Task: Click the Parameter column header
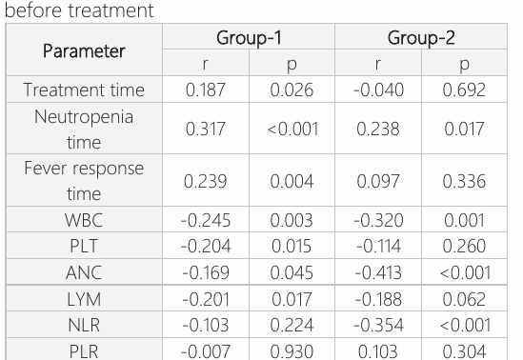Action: (x=84, y=51)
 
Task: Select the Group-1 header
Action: (x=249, y=38)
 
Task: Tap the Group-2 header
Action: (x=421, y=38)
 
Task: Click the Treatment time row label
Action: (x=84, y=90)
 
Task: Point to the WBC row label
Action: (x=84, y=220)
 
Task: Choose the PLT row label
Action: (x=84, y=246)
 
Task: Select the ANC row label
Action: (x=84, y=272)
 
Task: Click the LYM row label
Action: (x=84, y=299)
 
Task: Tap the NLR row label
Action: (x=84, y=325)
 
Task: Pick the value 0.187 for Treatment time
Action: (x=206, y=90)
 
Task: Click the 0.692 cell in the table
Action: (x=464, y=90)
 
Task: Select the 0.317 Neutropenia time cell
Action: (x=206, y=129)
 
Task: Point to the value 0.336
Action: (x=464, y=181)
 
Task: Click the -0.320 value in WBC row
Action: (x=378, y=220)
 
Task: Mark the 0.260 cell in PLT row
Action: (x=464, y=247)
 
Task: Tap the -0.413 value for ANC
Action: (x=378, y=272)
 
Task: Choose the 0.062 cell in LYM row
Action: (x=464, y=299)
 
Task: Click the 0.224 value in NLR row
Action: (x=292, y=325)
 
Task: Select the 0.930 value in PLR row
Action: (x=292, y=351)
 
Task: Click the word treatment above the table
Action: (x=111, y=10)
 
